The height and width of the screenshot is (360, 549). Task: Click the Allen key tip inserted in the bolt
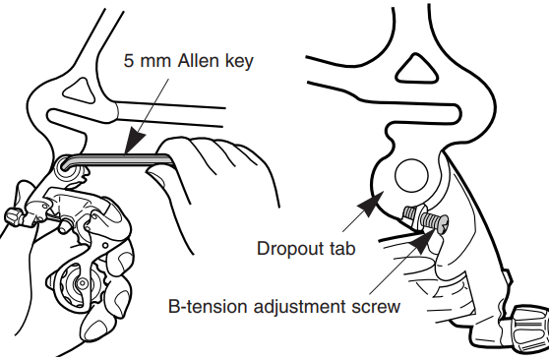click(70, 168)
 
